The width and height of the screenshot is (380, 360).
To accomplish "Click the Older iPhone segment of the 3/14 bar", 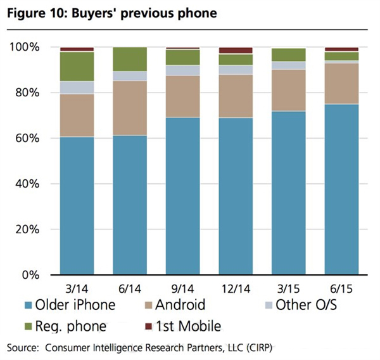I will click(x=77, y=206).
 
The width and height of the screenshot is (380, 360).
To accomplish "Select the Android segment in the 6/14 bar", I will click(x=129, y=108).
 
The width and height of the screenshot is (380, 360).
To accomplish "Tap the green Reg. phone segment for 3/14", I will click(x=77, y=67).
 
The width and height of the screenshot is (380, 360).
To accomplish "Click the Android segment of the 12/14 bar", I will click(x=235, y=96).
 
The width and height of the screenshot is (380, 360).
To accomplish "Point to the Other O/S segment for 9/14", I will click(x=182, y=70).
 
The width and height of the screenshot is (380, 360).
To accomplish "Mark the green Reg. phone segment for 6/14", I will click(x=129, y=59).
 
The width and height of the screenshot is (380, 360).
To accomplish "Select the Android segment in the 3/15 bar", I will click(x=288, y=90).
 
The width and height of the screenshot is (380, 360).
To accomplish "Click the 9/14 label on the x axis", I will click(x=182, y=287).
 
